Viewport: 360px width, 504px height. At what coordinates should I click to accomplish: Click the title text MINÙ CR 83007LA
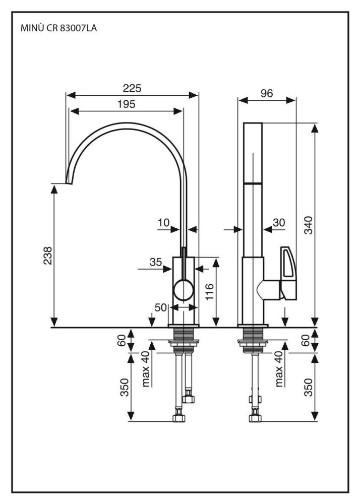click(58, 28)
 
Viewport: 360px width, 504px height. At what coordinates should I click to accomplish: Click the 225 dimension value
click(132, 88)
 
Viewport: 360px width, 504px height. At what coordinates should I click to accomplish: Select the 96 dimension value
click(267, 94)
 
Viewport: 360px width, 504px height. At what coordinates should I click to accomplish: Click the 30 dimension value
click(279, 222)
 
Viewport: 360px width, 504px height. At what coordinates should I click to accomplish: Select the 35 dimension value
click(155, 262)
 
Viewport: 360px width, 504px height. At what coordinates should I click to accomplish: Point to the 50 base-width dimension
click(161, 307)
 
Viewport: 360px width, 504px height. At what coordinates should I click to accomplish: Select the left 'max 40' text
click(147, 369)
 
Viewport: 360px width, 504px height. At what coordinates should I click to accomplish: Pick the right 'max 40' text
click(280, 369)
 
